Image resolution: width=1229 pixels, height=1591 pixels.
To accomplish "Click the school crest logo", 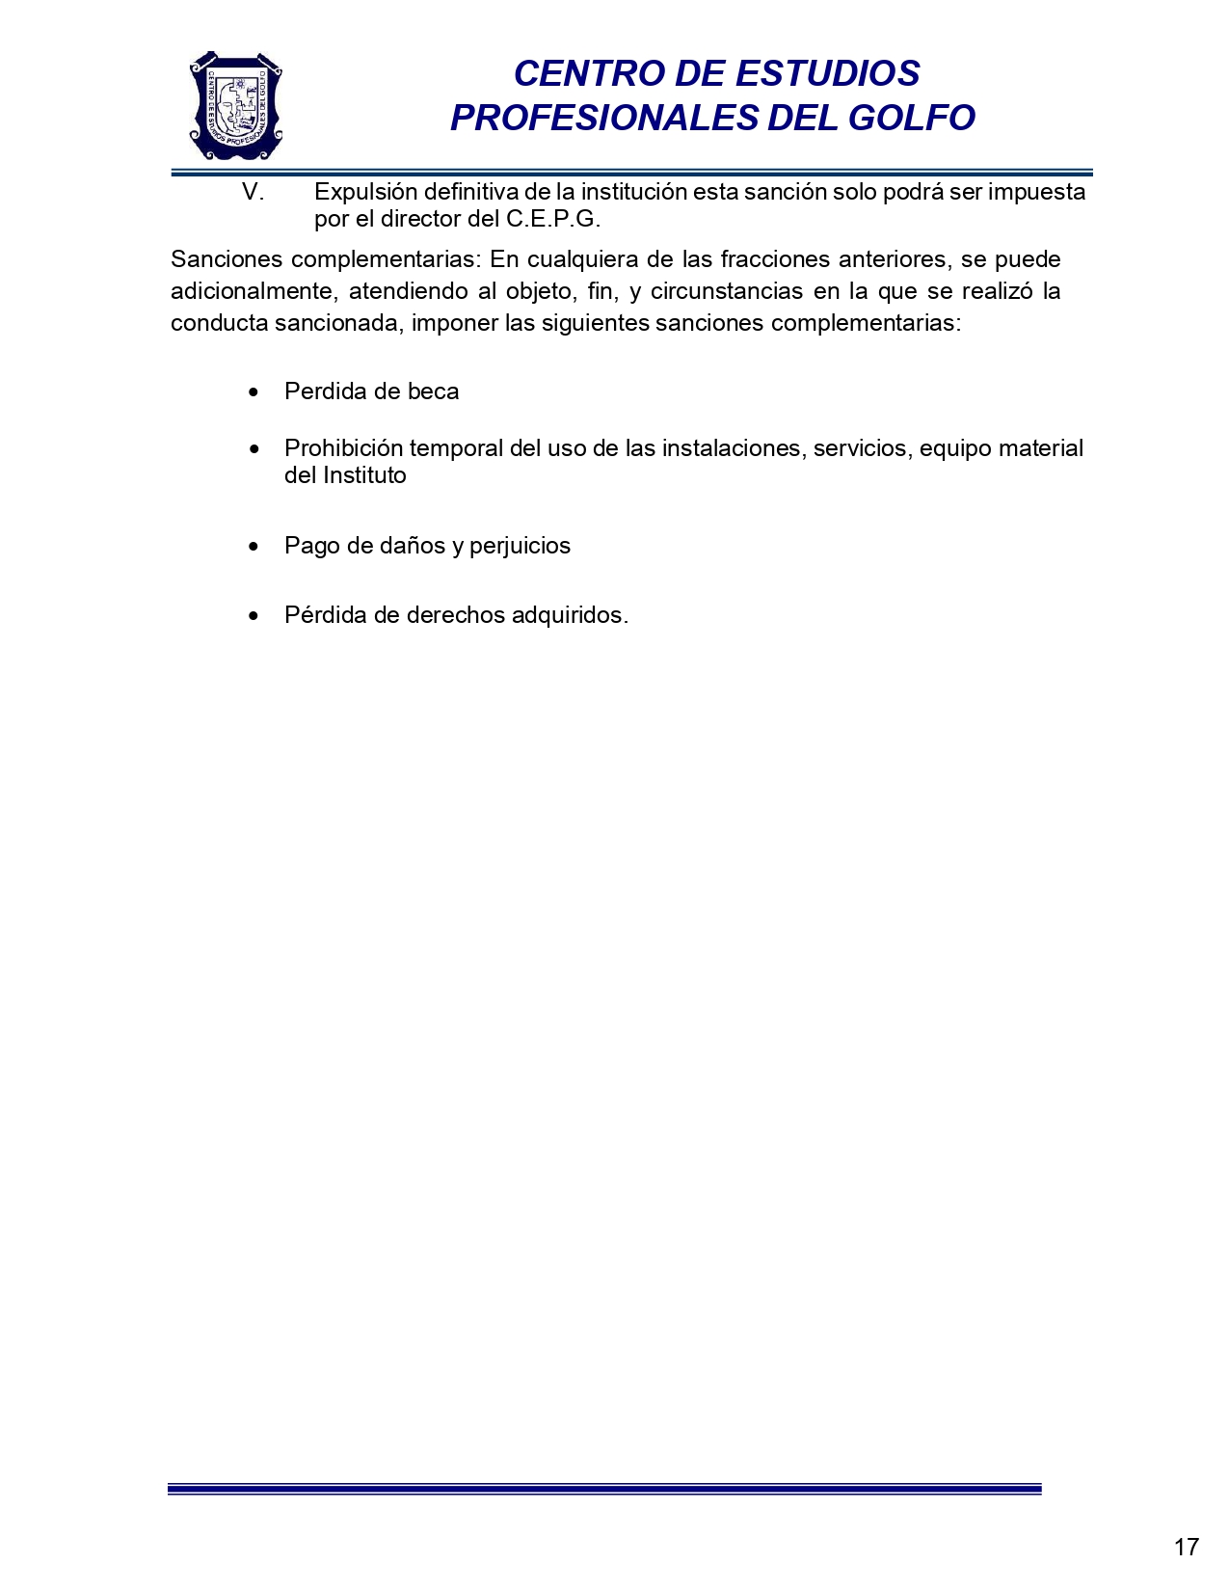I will (236, 106).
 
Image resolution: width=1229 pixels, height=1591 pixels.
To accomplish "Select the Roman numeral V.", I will (253, 192).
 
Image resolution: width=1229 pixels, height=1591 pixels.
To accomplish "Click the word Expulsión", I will (365, 192).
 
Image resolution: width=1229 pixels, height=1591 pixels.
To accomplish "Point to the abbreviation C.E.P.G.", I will (553, 219).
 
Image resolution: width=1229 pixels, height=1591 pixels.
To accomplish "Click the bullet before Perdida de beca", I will (254, 392).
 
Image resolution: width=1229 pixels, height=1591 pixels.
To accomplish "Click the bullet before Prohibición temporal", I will (254, 449).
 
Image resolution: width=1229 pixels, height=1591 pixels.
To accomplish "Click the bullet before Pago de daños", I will (254, 547).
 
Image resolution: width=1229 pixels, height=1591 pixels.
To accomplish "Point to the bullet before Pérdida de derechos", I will (254, 616).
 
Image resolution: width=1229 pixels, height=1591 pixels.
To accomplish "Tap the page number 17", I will (1187, 1547).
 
